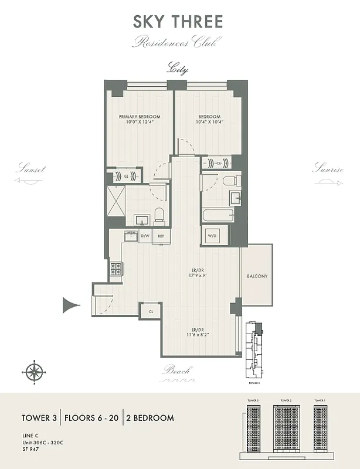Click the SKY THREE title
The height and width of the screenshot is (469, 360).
point(178,22)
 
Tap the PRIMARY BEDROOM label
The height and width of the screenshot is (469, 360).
point(140,117)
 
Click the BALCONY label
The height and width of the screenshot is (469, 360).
point(257,276)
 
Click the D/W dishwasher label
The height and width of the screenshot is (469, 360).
point(145,236)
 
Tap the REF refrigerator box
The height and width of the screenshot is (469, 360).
point(161,236)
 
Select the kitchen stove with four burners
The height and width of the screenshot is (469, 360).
point(116,269)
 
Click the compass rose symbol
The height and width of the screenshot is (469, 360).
point(35,372)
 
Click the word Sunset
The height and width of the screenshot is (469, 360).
point(30,169)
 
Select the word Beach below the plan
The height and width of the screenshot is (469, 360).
point(178,371)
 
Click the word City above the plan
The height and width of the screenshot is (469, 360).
point(178,69)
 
